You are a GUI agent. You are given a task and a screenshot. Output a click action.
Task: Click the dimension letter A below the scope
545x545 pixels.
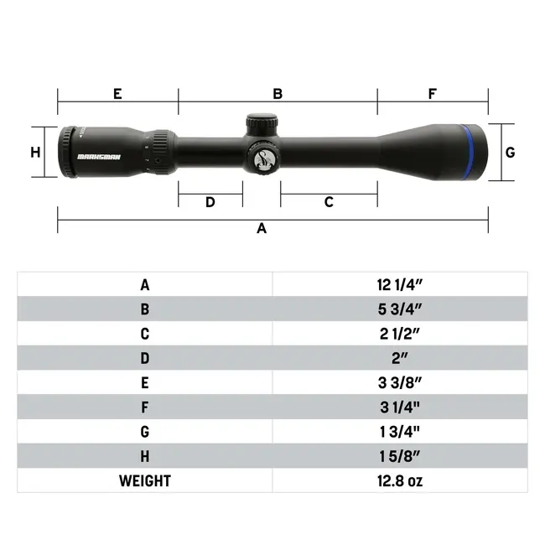(262, 229)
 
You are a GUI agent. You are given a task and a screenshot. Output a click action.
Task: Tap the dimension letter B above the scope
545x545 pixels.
(278, 94)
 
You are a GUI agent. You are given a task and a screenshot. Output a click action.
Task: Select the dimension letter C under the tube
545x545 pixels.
(329, 202)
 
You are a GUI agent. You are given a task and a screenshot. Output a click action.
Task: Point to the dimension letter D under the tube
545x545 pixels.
(210, 202)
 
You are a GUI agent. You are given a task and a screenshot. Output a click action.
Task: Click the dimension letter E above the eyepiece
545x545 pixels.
(117, 94)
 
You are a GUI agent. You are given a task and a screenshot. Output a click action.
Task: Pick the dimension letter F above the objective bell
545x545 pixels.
(432, 94)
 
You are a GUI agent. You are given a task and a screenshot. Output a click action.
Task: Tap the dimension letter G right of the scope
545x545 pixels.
(510, 153)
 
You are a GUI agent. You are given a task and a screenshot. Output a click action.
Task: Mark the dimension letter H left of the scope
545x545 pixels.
(35, 153)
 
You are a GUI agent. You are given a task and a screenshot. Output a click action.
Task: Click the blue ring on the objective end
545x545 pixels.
(467, 152)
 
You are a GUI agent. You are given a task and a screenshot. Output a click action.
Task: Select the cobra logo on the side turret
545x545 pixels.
(264, 157)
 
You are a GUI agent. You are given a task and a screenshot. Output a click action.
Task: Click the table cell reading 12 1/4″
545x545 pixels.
(399, 284)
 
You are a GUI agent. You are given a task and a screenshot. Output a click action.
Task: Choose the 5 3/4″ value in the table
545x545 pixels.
(399, 309)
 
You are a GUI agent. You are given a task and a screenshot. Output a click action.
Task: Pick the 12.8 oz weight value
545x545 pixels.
(399, 480)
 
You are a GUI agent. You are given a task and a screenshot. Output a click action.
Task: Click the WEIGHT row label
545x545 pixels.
(144, 480)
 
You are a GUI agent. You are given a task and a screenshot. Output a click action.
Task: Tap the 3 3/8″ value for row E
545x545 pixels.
(399, 382)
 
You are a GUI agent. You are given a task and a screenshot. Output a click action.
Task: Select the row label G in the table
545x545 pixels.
(144, 431)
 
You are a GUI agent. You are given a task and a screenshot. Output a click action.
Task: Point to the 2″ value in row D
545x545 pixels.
(399, 358)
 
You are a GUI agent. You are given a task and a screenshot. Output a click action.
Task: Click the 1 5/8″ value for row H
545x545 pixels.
(399, 456)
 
